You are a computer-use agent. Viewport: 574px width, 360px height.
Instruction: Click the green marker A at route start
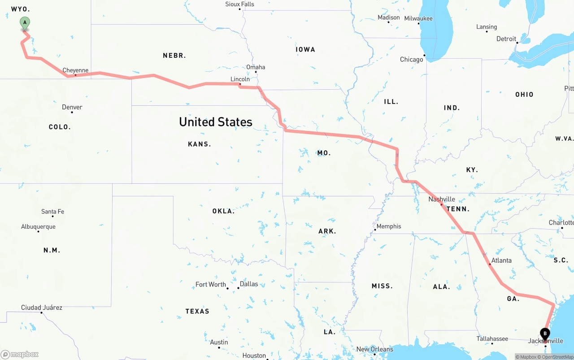click(x=25, y=23)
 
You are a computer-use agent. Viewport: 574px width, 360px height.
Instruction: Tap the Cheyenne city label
click(x=75, y=70)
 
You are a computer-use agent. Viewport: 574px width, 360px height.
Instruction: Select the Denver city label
click(x=72, y=107)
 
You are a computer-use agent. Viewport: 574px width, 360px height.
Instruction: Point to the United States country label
click(x=215, y=122)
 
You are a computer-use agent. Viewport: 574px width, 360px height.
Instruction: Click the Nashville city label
click(x=442, y=199)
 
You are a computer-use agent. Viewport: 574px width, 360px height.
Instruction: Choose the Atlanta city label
click(x=501, y=260)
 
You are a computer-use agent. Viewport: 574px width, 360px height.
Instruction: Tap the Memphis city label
click(x=388, y=226)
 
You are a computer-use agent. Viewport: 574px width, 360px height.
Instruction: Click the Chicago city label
click(x=411, y=59)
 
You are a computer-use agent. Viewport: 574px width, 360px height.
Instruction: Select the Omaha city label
click(x=256, y=67)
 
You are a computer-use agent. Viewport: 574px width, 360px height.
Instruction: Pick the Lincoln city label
click(x=240, y=79)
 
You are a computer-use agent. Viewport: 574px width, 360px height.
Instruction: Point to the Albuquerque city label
click(x=38, y=227)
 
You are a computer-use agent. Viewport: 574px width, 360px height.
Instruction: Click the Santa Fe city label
click(x=52, y=212)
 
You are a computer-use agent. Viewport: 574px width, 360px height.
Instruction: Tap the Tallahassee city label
click(x=492, y=339)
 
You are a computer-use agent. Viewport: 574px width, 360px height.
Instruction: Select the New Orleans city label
click(x=374, y=349)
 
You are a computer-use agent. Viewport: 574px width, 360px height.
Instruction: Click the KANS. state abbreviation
click(x=200, y=144)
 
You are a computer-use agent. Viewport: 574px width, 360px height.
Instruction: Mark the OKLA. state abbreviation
click(x=223, y=211)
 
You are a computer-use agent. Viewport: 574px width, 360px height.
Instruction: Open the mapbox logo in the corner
click(x=20, y=354)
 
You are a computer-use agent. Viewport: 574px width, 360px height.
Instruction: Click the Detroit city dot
click(x=517, y=43)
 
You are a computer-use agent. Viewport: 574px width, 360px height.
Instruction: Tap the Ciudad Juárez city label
click(x=42, y=308)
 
